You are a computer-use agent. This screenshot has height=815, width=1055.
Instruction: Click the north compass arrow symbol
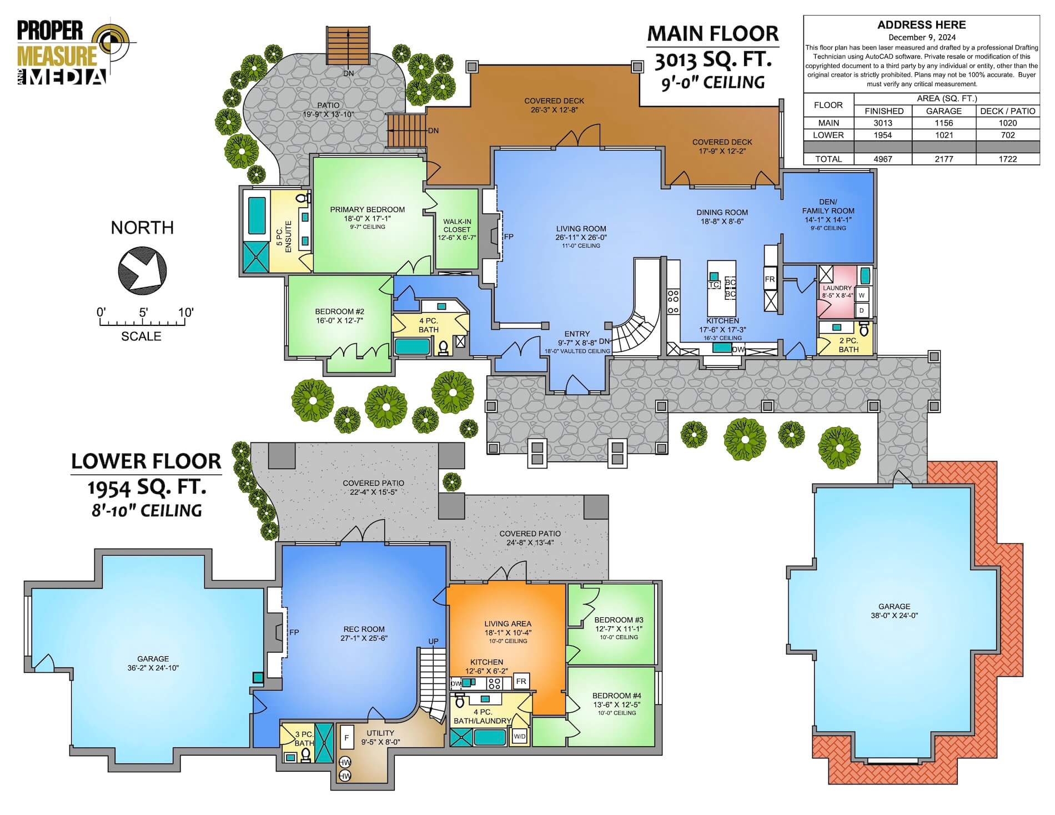pos(142,271)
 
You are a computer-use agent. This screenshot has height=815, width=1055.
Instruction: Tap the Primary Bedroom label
pos(368,209)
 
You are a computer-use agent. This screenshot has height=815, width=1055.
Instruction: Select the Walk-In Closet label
pos(457,225)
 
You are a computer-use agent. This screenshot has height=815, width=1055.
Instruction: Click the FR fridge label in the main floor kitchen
pos(770,279)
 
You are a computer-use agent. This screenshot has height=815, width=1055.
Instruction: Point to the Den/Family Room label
pos(828,206)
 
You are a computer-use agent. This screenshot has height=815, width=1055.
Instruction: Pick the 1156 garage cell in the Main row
pos(943,123)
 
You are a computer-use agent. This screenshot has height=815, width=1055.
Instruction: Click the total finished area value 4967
pos(883,159)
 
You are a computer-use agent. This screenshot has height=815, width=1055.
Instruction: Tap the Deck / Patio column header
pos(1008,111)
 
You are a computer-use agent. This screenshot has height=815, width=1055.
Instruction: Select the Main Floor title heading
pos(713,33)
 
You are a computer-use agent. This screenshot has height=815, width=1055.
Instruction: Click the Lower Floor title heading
pos(146,461)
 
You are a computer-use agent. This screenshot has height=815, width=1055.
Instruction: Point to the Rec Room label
pos(364,629)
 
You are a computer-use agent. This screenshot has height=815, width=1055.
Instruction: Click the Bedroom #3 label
pos(619,620)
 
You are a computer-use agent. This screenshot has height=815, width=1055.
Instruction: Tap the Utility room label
pos(380,733)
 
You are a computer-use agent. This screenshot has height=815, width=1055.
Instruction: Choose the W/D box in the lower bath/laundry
pos(520,737)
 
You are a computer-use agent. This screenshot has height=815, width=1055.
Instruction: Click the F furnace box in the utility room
pos(346,738)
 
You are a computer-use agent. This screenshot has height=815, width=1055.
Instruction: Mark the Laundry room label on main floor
pos(837,288)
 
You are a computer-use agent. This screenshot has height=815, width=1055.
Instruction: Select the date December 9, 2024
pos(922,38)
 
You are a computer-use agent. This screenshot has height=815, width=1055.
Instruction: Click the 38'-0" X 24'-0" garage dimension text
pos(894,615)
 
